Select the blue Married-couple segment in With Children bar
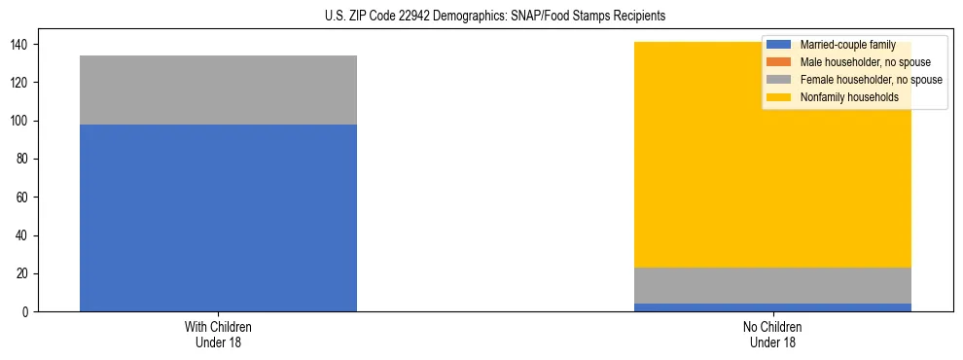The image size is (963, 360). pyautogui.click(x=218, y=218)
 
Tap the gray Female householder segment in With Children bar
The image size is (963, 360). pyautogui.click(x=218, y=90)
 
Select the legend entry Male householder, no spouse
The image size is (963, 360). pyautogui.click(x=865, y=62)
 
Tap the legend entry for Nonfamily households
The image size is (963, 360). pyautogui.click(x=849, y=97)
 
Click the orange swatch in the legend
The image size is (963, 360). pyautogui.click(x=780, y=62)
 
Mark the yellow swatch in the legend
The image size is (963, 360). pyautogui.click(x=780, y=97)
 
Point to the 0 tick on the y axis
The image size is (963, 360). pyautogui.click(x=29, y=312)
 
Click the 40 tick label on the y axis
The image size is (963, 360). pyautogui.click(x=26, y=235)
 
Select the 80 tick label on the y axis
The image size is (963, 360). pyautogui.click(x=26, y=160)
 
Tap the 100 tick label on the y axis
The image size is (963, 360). pyautogui.click(x=23, y=122)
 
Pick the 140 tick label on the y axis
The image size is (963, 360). pyautogui.click(x=23, y=45)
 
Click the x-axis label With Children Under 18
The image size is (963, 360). pyautogui.click(x=218, y=334)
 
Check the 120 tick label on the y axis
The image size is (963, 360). pyautogui.click(x=23, y=83)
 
